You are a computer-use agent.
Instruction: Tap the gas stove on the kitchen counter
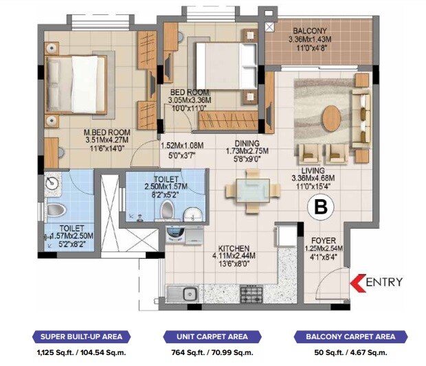257,295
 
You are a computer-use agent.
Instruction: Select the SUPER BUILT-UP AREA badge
82,336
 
